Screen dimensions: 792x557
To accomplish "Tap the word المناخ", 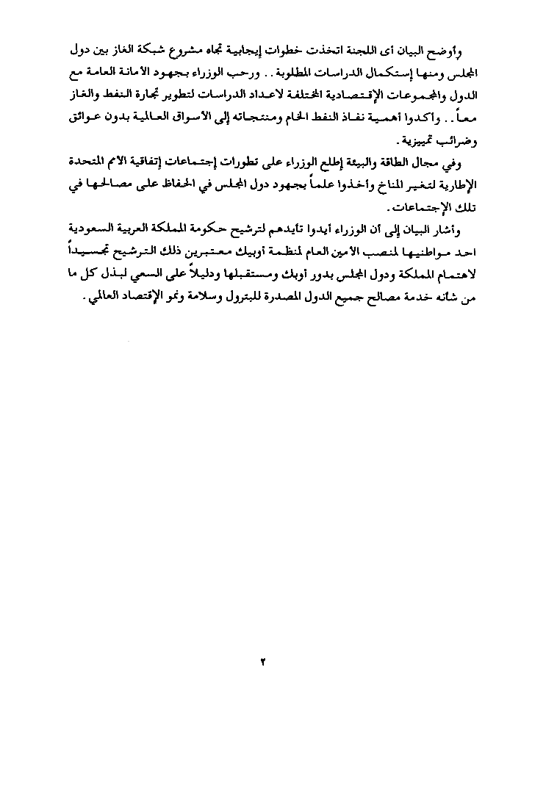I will (x=389, y=184).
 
